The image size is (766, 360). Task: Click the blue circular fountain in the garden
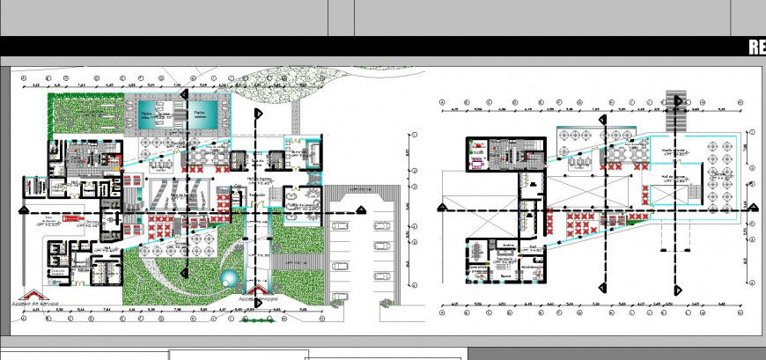click(229, 280)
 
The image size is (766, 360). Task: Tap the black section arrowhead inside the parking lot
click(361, 209)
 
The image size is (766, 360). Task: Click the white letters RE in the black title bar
click(756, 48)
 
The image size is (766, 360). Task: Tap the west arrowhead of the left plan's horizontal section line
click(19, 213)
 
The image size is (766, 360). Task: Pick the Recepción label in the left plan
click(258, 195)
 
